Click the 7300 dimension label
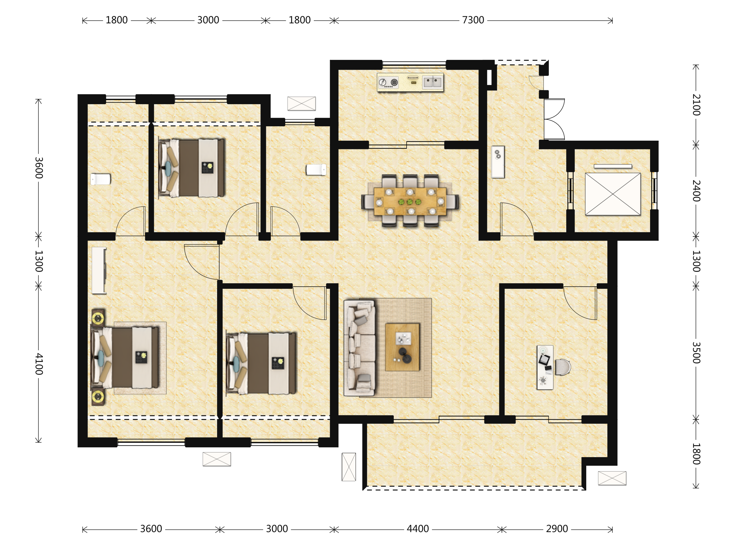pos(473,20)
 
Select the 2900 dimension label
pos(557,529)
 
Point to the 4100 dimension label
pos(39,364)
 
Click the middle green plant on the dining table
pos(410,202)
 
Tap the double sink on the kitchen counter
pos(432,82)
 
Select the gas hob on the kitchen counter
pos(388,82)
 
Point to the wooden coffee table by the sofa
pos(402,347)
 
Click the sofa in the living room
pos(360,348)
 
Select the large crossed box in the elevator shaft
pos(613,194)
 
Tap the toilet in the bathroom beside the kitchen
pos(316,170)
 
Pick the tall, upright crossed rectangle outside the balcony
pos(349,467)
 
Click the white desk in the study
pos(545,367)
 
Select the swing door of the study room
pos(580,303)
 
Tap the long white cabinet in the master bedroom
pos(99,270)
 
